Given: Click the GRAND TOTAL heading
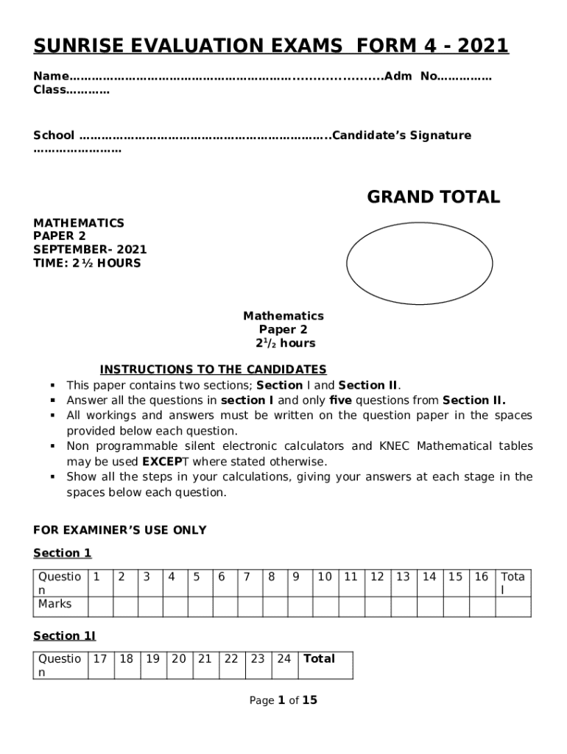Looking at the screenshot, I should point(433,197).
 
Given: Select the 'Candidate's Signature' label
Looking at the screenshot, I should point(402,135).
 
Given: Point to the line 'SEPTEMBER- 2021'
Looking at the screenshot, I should point(90,250).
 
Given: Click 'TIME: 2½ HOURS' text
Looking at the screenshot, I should point(87,263).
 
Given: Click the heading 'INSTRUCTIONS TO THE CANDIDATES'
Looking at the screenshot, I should point(213,370).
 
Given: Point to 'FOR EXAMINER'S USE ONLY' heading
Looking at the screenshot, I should point(120,530).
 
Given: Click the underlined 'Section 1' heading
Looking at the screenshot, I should point(63,553).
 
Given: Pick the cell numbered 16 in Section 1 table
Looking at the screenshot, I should point(482,577).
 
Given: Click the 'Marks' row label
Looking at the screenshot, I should point(55,604).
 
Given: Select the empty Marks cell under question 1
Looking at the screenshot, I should point(99,606).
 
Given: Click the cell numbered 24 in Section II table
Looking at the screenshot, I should point(283,659).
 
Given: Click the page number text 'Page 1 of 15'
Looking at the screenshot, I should point(283,700).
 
